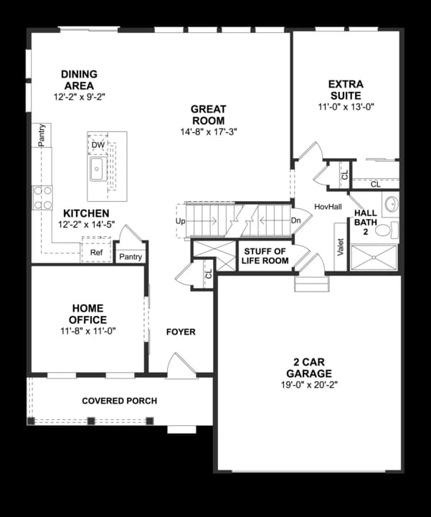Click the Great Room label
tap(208, 115)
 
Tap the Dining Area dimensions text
tap(79, 97)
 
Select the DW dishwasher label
tap(98, 145)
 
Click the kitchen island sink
tap(97, 170)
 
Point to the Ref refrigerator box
tap(96, 253)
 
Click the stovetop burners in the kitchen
tap(42, 197)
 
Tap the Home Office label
tap(88, 314)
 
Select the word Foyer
tap(181, 332)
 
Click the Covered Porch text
tap(119, 401)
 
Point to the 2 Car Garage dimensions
tap(309, 386)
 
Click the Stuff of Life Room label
tap(266, 256)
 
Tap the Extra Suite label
tap(346, 90)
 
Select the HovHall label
tap(327, 207)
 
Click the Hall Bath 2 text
tap(366, 223)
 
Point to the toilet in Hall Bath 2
tap(384, 230)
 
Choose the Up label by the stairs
tap(180, 221)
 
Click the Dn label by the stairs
tap(295, 221)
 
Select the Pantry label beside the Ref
tap(131, 257)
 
